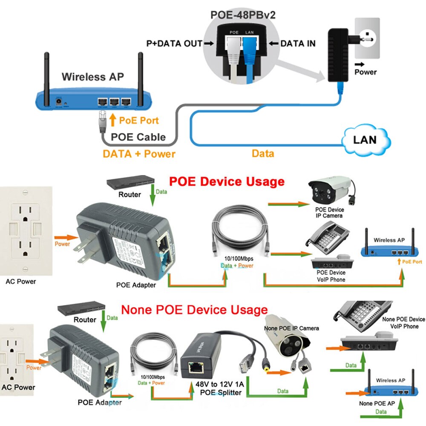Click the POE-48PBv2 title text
(x=243, y=15)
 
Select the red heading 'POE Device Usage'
(x=227, y=181)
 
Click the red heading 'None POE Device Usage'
(x=194, y=309)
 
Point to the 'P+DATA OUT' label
(x=174, y=43)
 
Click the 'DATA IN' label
(x=298, y=43)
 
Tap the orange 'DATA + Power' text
(x=139, y=154)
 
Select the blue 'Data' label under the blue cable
(x=263, y=153)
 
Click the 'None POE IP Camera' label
(x=291, y=328)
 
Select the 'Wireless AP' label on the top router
(x=92, y=77)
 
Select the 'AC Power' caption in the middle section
(x=20, y=281)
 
